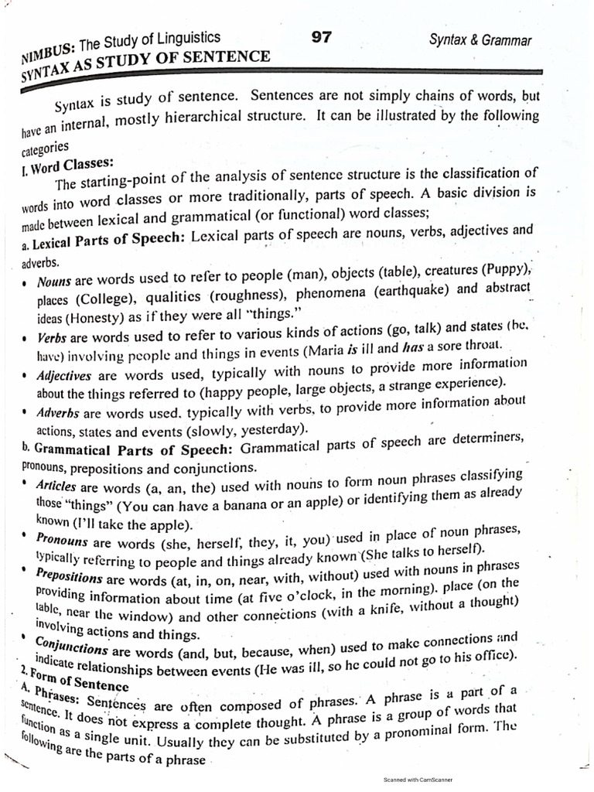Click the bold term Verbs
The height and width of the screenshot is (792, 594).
(53, 338)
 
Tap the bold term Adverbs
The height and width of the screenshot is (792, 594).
(59, 413)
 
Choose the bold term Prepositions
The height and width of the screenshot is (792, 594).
(70, 578)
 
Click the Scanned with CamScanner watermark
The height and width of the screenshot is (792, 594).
(418, 780)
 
